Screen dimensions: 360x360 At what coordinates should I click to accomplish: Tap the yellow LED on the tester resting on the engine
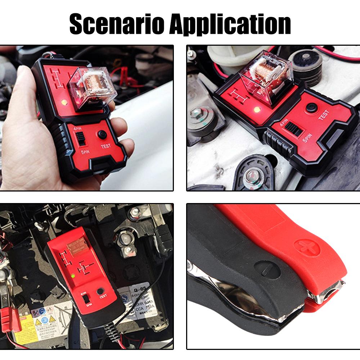[257, 109]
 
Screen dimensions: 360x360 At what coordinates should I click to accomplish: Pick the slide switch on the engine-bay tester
[294, 130]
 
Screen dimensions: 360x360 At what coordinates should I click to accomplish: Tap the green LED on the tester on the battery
[73, 276]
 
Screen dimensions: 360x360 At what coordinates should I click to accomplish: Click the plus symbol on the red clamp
[303, 247]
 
